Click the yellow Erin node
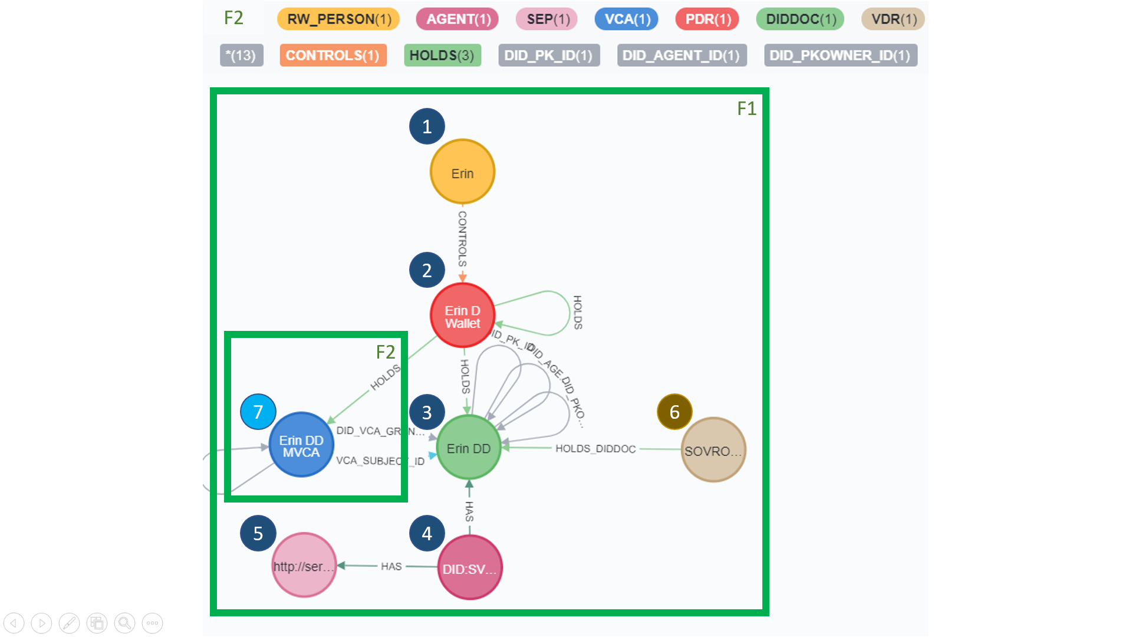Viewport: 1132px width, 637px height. coord(462,172)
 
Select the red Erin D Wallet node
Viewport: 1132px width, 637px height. coord(462,316)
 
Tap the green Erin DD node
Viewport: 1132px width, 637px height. coord(469,448)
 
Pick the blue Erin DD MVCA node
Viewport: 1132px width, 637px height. coord(301,445)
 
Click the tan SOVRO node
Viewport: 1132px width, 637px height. coord(713,450)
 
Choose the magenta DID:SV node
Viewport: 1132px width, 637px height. coord(469,567)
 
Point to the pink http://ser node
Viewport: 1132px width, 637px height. coord(304,565)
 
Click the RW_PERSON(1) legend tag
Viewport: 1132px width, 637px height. coord(338,19)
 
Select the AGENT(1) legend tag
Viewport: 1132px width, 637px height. coord(458,19)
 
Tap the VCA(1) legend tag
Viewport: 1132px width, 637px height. coord(627,19)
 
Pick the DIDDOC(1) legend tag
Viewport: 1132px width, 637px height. coord(800,19)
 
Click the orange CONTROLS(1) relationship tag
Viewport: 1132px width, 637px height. coord(333,55)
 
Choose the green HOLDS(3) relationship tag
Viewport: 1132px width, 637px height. coord(442,55)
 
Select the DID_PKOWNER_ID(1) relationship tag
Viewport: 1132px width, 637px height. coord(840,55)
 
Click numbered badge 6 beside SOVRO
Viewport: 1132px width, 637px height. coord(674,412)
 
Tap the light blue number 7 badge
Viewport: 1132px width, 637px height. coord(258,412)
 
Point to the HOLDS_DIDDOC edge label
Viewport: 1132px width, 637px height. coord(595,449)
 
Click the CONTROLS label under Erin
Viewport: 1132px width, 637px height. coord(462,239)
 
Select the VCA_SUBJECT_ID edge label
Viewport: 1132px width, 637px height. coord(380,461)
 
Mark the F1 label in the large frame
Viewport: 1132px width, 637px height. coord(746,109)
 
